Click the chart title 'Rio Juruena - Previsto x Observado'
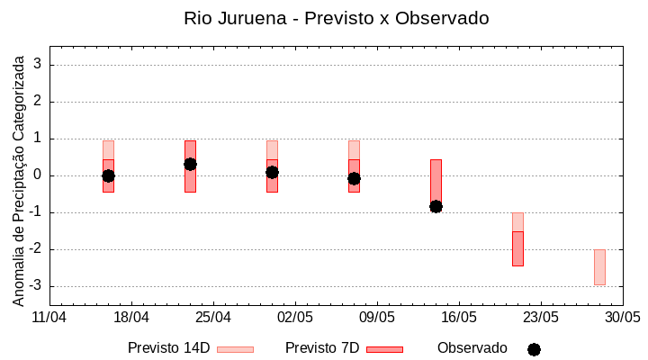coord(337,18)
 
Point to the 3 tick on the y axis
coord(39,65)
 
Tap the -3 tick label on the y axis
coord(36,286)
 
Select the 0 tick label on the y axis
coord(39,175)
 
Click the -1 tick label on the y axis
coord(36,212)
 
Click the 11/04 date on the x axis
coord(49,318)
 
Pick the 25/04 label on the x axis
coord(213,318)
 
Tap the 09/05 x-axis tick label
coord(377,318)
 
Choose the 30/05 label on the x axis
coord(622,318)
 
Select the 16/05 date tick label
coord(459,318)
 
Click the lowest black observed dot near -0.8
coord(436,206)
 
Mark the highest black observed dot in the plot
coord(190,164)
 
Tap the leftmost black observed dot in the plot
coord(108,175)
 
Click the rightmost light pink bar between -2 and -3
coord(599,267)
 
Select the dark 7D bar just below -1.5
coord(517,248)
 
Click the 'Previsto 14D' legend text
coord(168,348)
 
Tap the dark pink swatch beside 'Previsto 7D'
coord(384,349)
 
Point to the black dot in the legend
coord(534,349)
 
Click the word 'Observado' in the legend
coord(472,348)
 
